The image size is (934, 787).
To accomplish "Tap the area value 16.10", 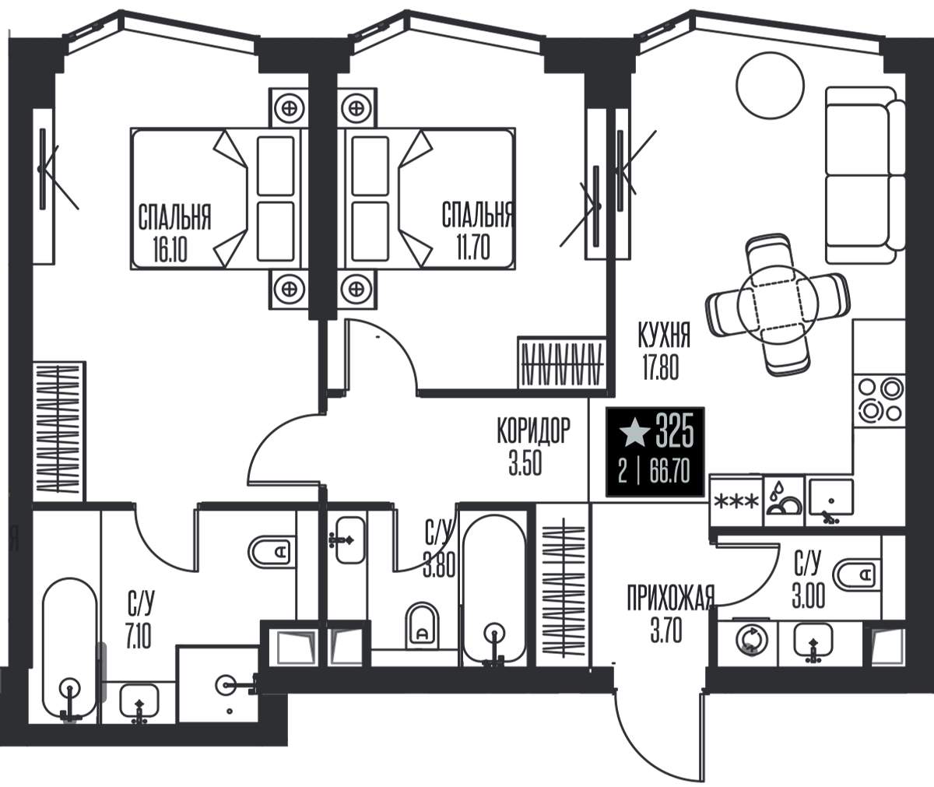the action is click(170, 249).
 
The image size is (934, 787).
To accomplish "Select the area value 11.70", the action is click(473, 248).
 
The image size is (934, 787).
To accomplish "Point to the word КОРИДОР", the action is click(534, 430).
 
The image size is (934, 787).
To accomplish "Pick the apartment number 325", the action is click(675, 431).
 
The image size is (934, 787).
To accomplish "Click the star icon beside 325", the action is click(634, 432).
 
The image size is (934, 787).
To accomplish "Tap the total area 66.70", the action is click(669, 471).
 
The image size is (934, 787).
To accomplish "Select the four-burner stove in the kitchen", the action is click(879, 400).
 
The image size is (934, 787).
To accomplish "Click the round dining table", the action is click(778, 304).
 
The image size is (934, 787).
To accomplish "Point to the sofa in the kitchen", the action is click(865, 175).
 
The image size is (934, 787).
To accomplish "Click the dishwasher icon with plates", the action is click(785, 501).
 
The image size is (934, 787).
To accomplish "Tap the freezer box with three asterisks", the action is click(736, 501).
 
